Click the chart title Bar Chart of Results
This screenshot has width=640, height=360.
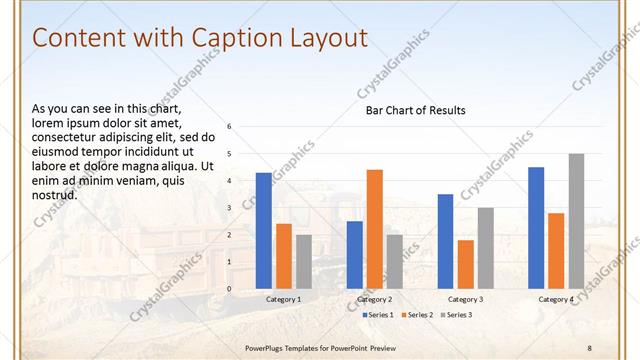[x=414, y=110]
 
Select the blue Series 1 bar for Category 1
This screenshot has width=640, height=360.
[x=264, y=231]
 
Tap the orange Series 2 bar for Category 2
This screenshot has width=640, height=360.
[x=375, y=229]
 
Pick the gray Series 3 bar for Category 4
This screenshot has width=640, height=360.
[x=576, y=221]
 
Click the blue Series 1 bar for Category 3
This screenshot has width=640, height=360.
[x=445, y=241]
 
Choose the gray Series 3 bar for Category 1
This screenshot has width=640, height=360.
[x=304, y=262]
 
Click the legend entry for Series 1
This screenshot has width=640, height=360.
[x=377, y=315]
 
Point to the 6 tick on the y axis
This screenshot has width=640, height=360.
[x=230, y=127]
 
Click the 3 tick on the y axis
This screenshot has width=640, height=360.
[x=230, y=208]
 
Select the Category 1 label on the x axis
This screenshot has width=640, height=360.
[x=284, y=299]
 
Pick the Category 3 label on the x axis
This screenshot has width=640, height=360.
[x=465, y=299]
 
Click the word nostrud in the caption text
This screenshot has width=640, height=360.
[x=54, y=195]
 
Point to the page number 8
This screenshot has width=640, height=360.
[x=590, y=347]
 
